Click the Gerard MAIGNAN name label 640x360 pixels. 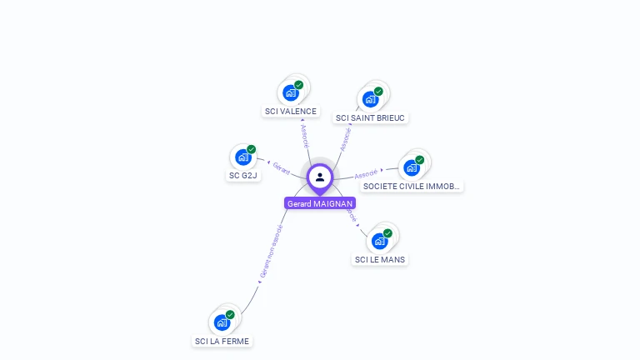pos(320,203)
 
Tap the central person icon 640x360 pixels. pos(320,177)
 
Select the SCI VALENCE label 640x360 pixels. pos(290,111)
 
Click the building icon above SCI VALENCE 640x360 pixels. pos(291,92)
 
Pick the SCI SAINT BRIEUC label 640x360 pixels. pos(370,117)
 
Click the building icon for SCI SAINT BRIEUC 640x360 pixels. pos(371,99)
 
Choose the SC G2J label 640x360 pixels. pos(242,176)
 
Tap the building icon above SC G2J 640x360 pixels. pos(243,157)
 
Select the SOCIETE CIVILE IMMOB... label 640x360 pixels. pos(412,186)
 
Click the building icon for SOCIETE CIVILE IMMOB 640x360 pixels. pos(412,167)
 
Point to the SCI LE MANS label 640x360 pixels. pos(380,259)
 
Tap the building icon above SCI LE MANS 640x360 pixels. pos(380,241)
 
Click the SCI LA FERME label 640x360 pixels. pos(222,341)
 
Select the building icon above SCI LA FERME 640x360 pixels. pos(222,322)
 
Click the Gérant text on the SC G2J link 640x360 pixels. pos(282,168)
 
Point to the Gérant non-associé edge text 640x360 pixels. pos(270,251)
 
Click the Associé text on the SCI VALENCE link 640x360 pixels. pos(304,136)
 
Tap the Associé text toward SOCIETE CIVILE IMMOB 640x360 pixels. pos(366,174)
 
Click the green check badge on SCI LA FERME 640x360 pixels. pos(230,315)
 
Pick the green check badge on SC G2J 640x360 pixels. pos(251,150)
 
